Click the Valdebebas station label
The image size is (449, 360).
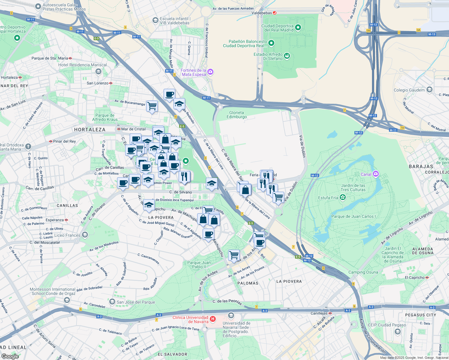coord(262,13)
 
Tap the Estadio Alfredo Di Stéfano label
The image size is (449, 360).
coord(268,56)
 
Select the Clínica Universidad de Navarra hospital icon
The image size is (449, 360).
coord(212,319)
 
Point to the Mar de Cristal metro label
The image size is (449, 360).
coord(133,129)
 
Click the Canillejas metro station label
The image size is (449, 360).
coord(319,313)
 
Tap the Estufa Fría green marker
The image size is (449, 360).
coord(343,197)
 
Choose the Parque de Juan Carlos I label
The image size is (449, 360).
coord(353,216)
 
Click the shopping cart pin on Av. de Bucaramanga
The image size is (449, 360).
coord(152,106)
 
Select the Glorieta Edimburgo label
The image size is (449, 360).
coord(237,115)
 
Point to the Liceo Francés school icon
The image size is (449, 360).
coord(85,235)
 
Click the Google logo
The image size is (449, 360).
coord(10,356)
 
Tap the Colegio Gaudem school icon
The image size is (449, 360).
coord(429,89)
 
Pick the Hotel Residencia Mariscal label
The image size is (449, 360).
coord(82,65)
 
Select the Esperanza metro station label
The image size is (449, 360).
coord(55,220)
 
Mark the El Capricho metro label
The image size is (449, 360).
coord(414,277)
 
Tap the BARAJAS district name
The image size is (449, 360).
coord(421,166)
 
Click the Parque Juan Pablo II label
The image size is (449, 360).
coord(199,265)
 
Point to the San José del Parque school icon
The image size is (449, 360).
coord(112,301)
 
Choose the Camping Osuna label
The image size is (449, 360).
coord(363,272)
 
